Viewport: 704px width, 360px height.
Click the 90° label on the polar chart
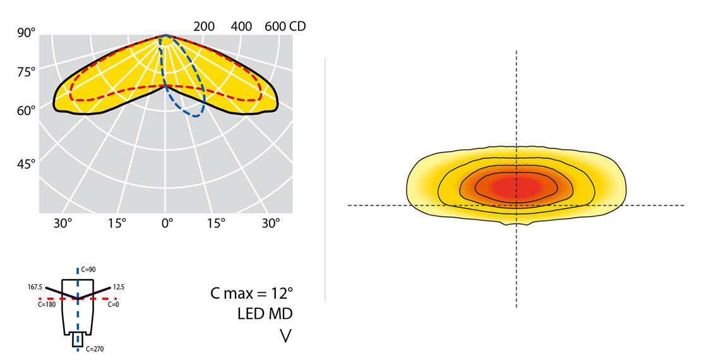(x=25, y=32)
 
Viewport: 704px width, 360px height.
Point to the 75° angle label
(x=25, y=71)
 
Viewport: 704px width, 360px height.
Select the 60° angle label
(x=25, y=111)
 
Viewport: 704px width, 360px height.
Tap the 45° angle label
(x=25, y=164)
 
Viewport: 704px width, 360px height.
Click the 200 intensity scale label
(x=204, y=27)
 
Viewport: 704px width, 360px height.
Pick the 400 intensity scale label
(x=242, y=27)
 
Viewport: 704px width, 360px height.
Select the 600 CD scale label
(x=285, y=27)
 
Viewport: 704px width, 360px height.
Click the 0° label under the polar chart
(x=167, y=223)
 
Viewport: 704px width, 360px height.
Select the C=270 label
(x=94, y=348)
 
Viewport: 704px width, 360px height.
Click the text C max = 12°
(x=251, y=294)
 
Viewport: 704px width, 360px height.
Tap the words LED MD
(x=265, y=314)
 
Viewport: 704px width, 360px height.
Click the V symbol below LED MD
(x=285, y=336)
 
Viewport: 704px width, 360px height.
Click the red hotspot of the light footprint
(x=516, y=187)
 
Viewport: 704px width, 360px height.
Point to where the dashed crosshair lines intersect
(x=516, y=205)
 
